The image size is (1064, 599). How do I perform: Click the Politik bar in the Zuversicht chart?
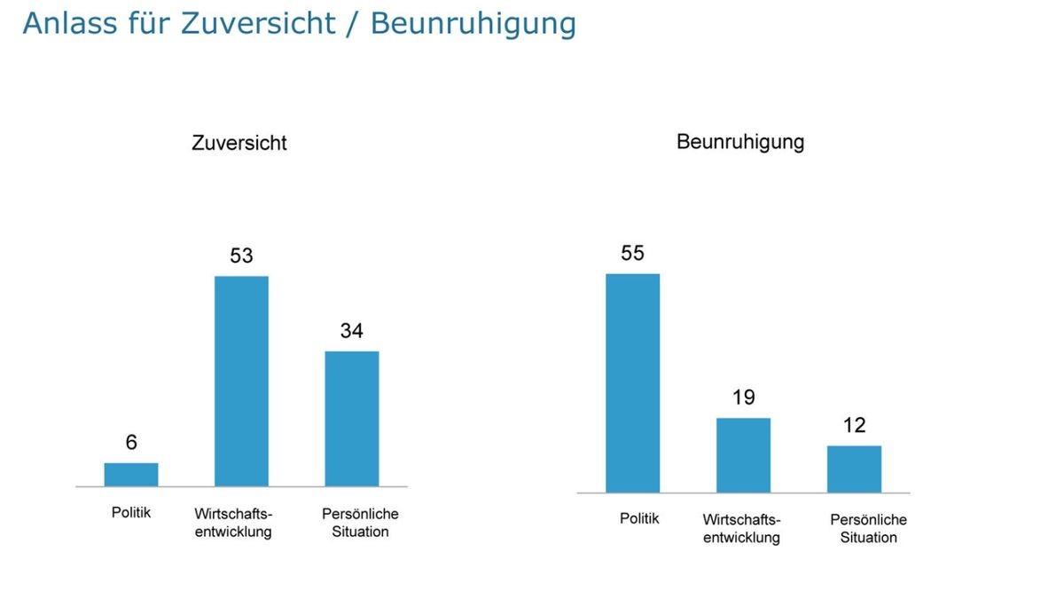click(131, 475)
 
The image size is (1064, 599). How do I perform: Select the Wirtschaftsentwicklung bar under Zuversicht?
click(241, 382)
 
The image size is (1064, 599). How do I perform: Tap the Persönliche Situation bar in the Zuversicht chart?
click(352, 419)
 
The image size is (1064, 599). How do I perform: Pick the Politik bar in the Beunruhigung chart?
click(632, 383)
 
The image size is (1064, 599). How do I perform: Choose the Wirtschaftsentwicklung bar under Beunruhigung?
click(743, 455)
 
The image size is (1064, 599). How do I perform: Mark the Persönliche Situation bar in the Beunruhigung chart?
click(854, 469)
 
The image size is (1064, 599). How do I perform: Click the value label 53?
click(241, 256)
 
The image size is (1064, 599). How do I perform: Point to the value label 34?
click(352, 331)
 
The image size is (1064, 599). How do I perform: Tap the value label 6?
click(131, 442)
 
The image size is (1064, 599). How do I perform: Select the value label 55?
click(632, 253)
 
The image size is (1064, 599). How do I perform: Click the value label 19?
click(743, 398)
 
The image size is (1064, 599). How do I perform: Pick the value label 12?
click(854, 425)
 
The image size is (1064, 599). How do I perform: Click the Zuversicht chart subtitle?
click(239, 143)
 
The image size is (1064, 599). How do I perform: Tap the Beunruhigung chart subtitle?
click(740, 142)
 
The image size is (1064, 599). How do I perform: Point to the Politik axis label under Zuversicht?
click(131, 513)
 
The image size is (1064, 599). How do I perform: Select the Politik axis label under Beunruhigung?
click(639, 518)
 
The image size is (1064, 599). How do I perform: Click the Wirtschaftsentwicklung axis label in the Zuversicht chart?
click(233, 523)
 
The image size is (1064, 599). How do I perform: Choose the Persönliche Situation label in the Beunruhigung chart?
click(868, 528)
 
